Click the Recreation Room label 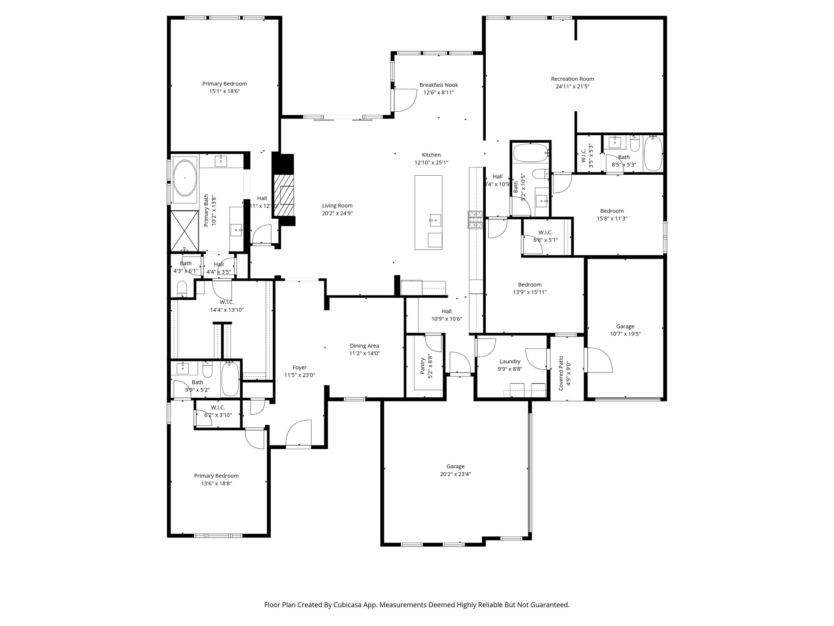(x=572, y=79)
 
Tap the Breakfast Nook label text (x=439, y=85)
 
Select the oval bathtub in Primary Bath (x=185, y=178)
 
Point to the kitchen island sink (x=435, y=220)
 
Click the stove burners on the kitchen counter (x=475, y=220)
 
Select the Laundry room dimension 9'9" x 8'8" (x=510, y=369)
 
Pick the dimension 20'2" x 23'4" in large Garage (x=455, y=474)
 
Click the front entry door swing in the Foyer (x=298, y=434)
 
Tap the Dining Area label (x=364, y=346)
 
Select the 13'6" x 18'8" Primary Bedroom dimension (x=216, y=483)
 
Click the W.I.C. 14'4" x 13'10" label (x=227, y=302)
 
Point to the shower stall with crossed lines (x=184, y=230)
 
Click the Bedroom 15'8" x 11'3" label (x=612, y=211)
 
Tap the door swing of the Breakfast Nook (x=404, y=100)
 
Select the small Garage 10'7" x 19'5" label (x=625, y=326)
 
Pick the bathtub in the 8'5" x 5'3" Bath (x=653, y=153)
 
